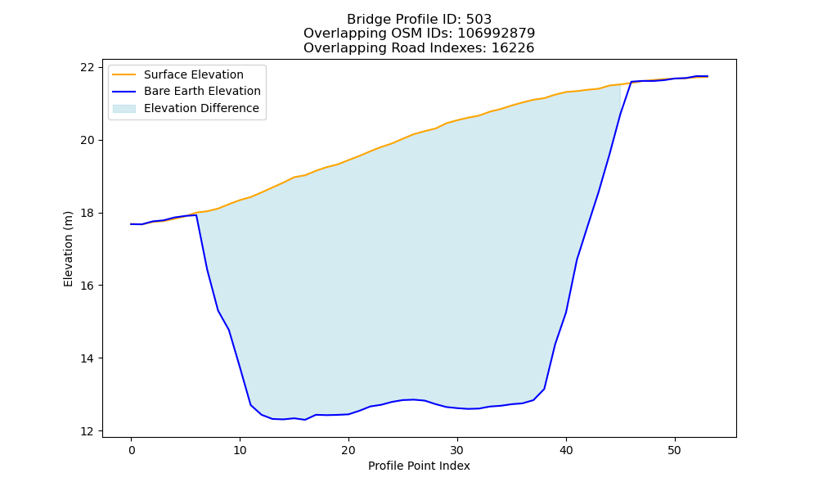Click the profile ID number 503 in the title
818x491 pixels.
point(479,20)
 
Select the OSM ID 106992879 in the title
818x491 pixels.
point(497,34)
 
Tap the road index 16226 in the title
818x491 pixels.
point(513,48)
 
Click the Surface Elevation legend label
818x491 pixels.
point(194,74)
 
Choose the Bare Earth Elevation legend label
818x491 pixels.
point(202,91)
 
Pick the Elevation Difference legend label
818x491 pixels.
point(201,108)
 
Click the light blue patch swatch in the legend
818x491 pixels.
point(124,109)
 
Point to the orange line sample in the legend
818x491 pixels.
point(124,74)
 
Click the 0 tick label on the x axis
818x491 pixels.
point(131,450)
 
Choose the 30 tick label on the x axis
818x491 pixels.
point(457,450)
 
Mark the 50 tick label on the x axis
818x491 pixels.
point(675,450)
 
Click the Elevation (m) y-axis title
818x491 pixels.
point(69,249)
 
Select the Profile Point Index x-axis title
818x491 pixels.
point(419,466)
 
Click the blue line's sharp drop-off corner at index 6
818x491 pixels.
point(196,215)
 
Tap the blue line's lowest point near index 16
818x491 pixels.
point(304,420)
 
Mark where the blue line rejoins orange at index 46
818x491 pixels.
point(631,82)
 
